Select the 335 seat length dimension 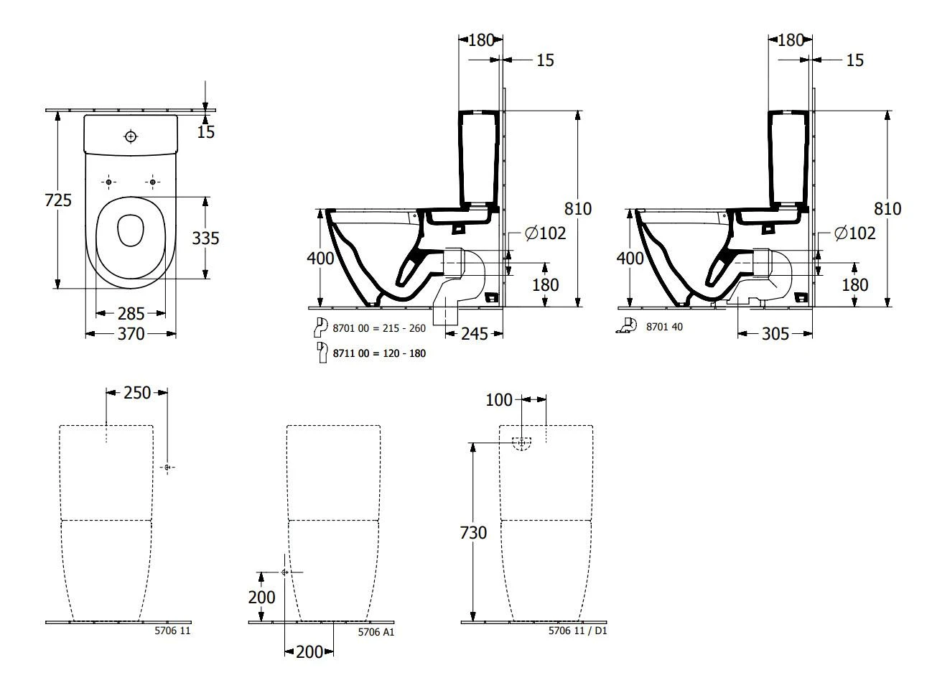(205, 238)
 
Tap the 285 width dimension (131, 313)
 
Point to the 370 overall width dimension (131, 334)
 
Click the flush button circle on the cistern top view (131, 136)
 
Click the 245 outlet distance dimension (475, 333)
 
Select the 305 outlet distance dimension (775, 333)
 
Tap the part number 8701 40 (664, 326)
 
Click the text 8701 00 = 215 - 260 (379, 328)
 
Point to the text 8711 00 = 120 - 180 (379, 353)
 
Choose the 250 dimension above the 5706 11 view (137, 392)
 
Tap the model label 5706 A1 (376, 632)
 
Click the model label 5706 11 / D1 (577, 631)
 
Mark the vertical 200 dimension (261, 597)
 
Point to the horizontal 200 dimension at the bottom (309, 651)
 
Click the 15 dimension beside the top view (206, 132)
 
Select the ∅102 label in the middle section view (545, 233)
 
